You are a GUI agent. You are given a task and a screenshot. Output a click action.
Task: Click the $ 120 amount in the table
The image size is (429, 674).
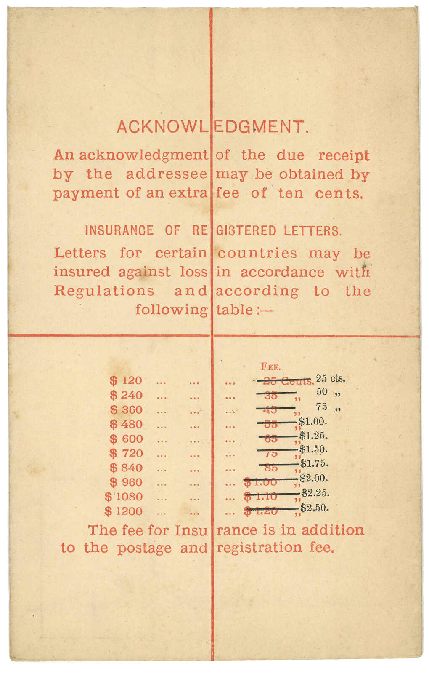tap(126, 380)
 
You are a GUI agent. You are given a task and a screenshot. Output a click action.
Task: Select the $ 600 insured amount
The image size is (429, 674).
tap(126, 439)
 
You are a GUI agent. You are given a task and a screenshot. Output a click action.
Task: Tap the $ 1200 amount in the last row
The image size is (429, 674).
tap(124, 511)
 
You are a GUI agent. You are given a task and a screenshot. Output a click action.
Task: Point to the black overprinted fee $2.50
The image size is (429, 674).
tap(314, 508)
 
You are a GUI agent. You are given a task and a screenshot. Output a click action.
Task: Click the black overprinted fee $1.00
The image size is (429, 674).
tap(312, 421)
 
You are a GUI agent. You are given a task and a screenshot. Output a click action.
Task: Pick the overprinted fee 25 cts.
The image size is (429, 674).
tap(331, 378)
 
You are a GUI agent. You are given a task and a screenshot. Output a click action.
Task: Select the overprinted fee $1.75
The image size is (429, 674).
tap(314, 464)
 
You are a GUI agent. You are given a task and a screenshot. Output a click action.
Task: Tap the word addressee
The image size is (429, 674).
tap(167, 174)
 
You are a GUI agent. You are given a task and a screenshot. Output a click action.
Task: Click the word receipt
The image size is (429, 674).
tap(344, 155)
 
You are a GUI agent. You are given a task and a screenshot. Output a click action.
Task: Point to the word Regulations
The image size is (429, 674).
tap(104, 291)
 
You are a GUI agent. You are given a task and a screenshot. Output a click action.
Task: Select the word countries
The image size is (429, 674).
tap(257, 254)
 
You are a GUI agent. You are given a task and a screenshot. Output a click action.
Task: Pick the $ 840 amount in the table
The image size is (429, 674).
tap(126, 468)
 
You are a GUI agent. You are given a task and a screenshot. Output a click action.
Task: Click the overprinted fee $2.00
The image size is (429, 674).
tap(314, 479)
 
